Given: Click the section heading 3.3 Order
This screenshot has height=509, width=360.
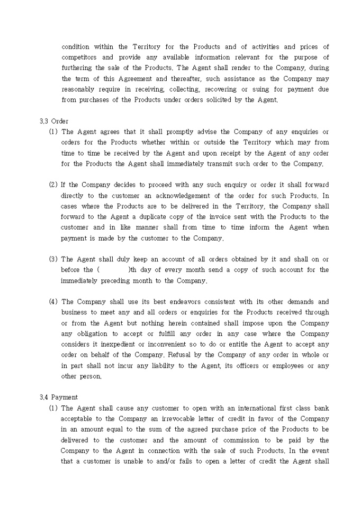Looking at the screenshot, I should pyautogui.click(x=53, y=121).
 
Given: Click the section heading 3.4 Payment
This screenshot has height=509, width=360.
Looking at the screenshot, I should pyautogui.click(x=58, y=397).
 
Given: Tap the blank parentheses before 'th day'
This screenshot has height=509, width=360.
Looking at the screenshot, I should pyautogui.click(x=112, y=270).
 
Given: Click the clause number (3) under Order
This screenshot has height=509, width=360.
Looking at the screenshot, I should pyautogui.click(x=53, y=259).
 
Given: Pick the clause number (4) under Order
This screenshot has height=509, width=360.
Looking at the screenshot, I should pyautogui.click(x=53, y=302).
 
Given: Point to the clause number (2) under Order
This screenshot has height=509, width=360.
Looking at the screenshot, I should pyautogui.click(x=53, y=185).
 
